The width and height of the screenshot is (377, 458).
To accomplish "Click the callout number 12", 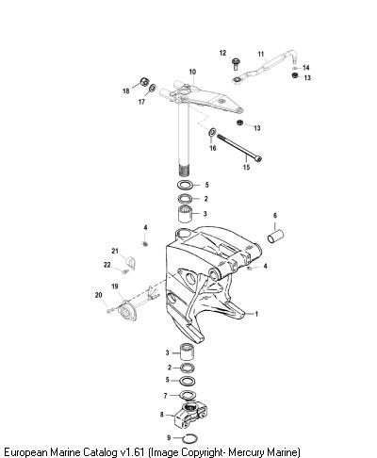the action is coord(222,53).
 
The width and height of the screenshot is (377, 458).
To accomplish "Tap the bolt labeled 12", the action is coord(236,64).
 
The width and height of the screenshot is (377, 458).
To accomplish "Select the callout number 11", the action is coord(261,54).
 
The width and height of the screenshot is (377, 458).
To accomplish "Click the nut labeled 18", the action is coord(144,82).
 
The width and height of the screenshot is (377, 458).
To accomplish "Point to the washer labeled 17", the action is coord(153,88).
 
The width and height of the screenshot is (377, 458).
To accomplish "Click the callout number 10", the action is coord(192,72).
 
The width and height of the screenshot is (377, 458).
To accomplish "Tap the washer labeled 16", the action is coord(212,132).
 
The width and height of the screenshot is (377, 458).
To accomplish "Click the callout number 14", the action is coord(306,68).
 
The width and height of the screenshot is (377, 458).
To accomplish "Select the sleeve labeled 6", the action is coord(275,237).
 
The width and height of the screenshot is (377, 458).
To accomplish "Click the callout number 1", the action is coord(256,314).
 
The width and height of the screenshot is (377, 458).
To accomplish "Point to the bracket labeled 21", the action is coord(131,263).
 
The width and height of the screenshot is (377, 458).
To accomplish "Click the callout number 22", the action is coord(107,265).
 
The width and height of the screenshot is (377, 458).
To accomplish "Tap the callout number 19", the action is coord(115,286).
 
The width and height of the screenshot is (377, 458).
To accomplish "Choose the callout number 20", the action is coord(99,295).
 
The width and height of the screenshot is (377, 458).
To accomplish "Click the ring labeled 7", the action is coord(188,395).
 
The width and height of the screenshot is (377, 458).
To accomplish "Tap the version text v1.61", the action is coord(132,452).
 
